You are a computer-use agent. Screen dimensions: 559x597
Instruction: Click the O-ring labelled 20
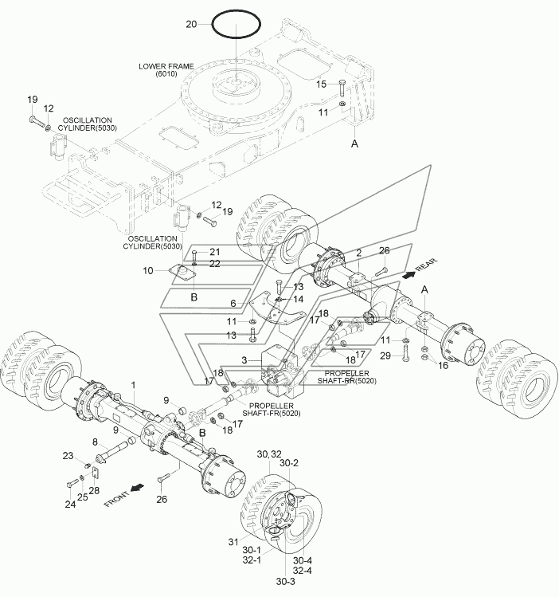pyautogui.click(x=212, y=25)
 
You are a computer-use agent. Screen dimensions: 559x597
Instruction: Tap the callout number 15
pyautogui.click(x=322, y=84)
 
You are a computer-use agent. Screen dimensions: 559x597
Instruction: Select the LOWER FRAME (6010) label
pyautogui.click(x=166, y=69)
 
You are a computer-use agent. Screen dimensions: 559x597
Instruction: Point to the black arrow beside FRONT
pyautogui.click(x=138, y=487)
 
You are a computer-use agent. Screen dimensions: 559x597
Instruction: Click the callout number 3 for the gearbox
pyautogui.click(x=244, y=359)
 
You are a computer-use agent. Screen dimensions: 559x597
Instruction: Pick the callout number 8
pyautogui.click(x=95, y=442)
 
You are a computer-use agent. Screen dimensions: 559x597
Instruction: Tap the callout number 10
pyautogui.click(x=148, y=271)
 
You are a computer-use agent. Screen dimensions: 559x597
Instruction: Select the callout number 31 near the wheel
pyautogui.click(x=233, y=541)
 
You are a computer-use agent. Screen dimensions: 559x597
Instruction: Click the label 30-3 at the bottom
pyautogui.click(x=286, y=581)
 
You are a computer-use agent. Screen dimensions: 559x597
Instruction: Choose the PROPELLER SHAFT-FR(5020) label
pyautogui.click(x=271, y=410)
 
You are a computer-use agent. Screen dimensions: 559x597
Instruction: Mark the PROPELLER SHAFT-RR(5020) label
pyautogui.click(x=347, y=377)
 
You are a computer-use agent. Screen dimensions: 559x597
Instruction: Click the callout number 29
pyautogui.click(x=385, y=355)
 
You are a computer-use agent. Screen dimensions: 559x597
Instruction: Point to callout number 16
pyautogui.click(x=444, y=366)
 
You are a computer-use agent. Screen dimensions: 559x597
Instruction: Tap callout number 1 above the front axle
pyautogui.click(x=134, y=385)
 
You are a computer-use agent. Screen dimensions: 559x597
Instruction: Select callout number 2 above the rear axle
pyautogui.click(x=358, y=253)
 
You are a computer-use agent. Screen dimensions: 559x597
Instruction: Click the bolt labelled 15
pyautogui.click(x=341, y=88)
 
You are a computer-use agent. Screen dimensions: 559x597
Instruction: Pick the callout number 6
pyautogui.click(x=233, y=304)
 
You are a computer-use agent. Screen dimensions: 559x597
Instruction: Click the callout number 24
pyautogui.click(x=70, y=504)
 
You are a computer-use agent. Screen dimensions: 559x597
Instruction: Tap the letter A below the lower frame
pyautogui.click(x=354, y=144)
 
